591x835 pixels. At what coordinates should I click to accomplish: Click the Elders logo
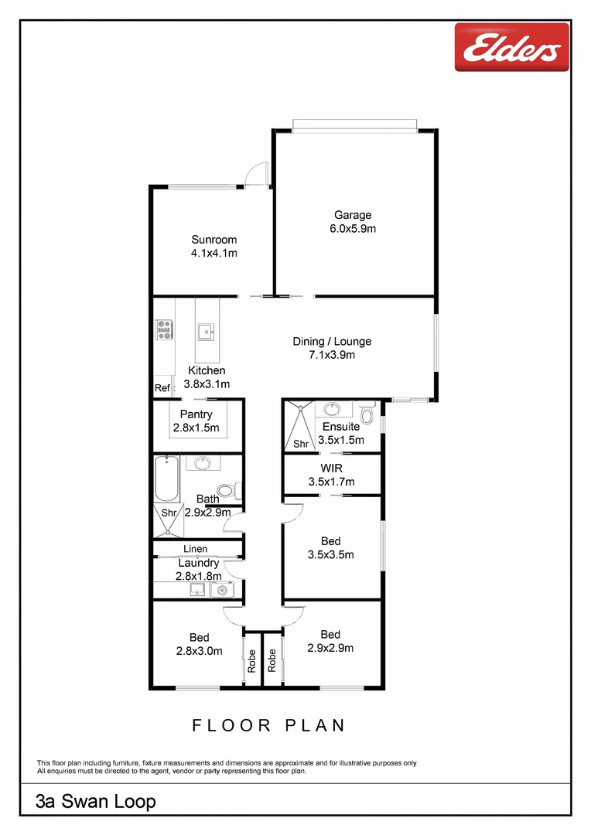[x=511, y=49]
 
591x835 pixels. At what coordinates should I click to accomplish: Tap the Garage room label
[x=353, y=216]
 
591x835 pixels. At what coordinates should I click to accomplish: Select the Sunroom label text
[x=214, y=240]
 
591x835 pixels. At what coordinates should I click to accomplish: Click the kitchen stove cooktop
[x=164, y=330]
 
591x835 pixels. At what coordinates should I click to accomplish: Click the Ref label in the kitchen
[x=162, y=388]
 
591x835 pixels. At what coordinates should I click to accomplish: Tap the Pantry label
[x=196, y=415]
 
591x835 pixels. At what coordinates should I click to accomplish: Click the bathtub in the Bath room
[x=166, y=479]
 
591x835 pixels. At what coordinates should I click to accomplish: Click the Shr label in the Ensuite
[x=300, y=444]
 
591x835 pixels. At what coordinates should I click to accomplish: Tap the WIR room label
[x=331, y=469]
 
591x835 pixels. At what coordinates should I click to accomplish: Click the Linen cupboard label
[x=195, y=549]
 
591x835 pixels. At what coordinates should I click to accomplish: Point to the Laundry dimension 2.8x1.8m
[x=199, y=576]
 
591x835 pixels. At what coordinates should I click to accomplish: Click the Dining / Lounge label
[x=332, y=341]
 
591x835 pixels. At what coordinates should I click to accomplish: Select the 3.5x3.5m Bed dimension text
[x=330, y=555]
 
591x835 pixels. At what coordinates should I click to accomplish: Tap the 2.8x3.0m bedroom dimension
[x=199, y=651]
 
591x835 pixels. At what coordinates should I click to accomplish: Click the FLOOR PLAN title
[x=268, y=725]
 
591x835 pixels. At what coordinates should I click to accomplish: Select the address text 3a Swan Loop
[x=96, y=802]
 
